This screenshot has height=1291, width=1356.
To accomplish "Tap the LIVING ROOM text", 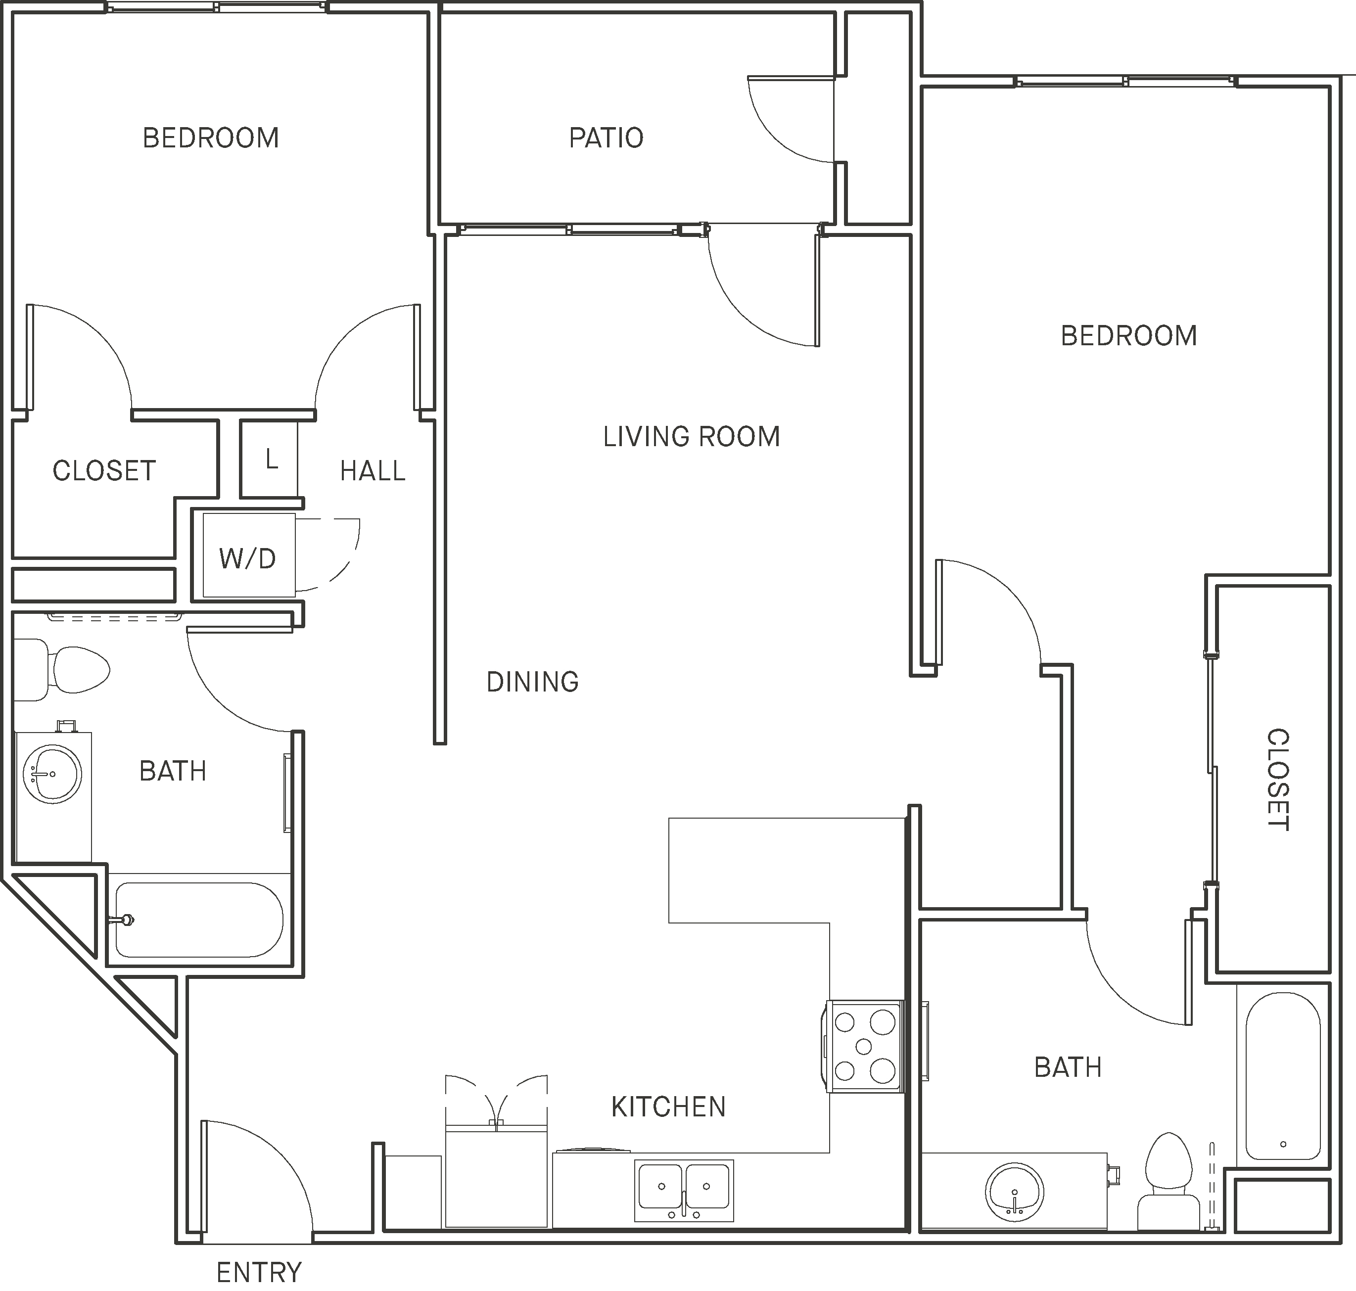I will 691,437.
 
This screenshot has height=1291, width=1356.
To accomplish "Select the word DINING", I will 532,682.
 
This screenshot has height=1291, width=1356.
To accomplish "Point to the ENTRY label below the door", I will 259,1272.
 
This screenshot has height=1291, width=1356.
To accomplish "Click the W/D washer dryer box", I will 248,558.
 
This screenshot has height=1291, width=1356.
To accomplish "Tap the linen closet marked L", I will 271,459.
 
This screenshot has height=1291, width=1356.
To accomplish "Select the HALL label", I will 373,471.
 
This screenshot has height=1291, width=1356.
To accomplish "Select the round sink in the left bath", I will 52,774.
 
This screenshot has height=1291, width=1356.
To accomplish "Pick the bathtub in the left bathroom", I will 199,920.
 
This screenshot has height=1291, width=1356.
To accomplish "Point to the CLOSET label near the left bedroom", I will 104,471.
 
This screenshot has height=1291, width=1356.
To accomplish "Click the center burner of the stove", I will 863,1047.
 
